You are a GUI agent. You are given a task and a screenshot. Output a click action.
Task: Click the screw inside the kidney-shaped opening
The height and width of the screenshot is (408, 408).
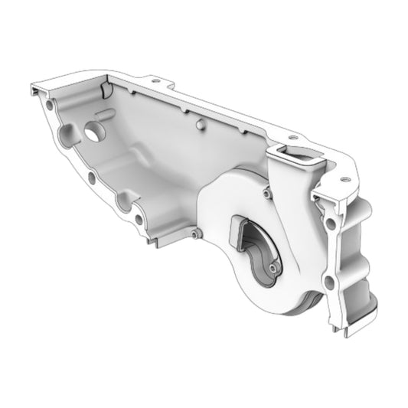pos(273,269)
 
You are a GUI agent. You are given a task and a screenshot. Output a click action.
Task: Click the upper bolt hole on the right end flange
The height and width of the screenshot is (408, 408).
pos(330,224)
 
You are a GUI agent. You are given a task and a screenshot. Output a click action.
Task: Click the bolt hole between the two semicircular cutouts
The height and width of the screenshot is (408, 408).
pos(92,178)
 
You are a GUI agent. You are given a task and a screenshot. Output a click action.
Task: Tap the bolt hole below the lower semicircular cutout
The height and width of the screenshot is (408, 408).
pos(139,220)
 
